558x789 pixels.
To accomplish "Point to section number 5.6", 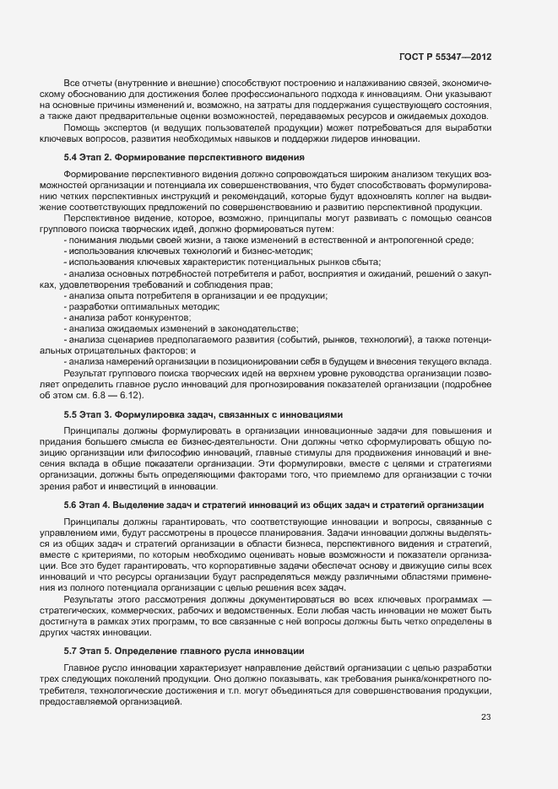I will point(71,505).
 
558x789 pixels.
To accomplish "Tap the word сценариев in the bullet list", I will point(123,339).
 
